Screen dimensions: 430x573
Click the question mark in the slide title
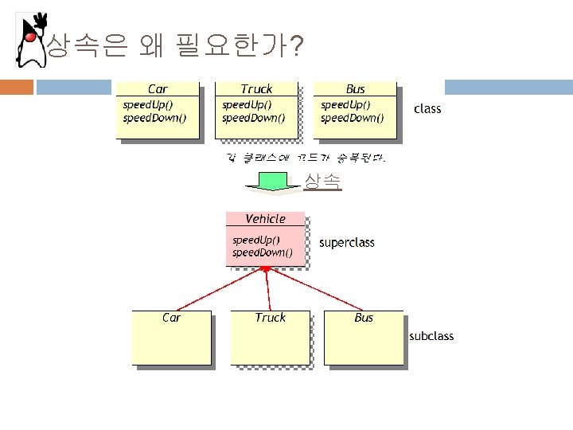pos(296,49)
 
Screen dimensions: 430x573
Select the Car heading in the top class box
pos(158,89)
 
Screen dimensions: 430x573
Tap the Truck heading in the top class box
pos(256,89)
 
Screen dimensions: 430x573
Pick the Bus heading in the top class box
pos(355,89)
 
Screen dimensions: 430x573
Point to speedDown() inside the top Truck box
pos(253,118)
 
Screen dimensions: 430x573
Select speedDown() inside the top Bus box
pos(352,118)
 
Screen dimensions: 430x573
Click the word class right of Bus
pos(427,108)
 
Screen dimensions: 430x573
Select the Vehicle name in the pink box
pos(265,218)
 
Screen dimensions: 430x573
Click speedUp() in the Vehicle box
pos(255,240)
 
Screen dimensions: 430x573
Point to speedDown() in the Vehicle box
pos(262,253)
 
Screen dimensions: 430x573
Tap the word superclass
pos(346,242)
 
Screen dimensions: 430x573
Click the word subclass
pos(431,336)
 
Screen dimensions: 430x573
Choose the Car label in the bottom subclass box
pos(171,318)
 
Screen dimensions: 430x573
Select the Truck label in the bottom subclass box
pos(270,318)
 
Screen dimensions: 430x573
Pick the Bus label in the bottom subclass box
pos(364,318)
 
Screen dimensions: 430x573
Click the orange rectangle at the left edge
pos(16,87)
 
